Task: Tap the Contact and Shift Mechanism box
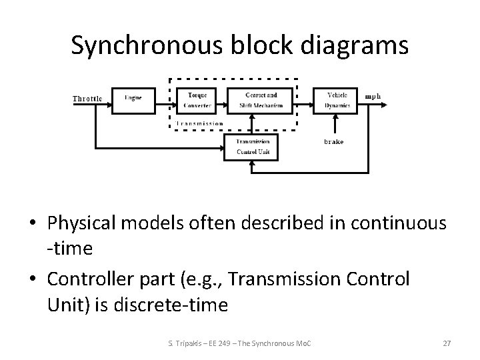(x=261, y=100)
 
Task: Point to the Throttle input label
(x=88, y=99)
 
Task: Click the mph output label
(x=373, y=96)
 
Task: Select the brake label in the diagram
(x=333, y=142)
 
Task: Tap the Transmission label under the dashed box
(x=200, y=123)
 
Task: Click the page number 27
(x=447, y=343)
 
